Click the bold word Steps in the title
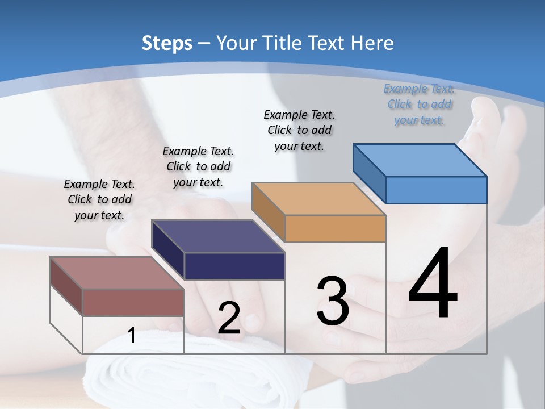[166, 43]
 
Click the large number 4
[433, 284]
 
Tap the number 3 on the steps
[333, 302]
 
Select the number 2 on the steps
[229, 319]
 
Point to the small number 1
[132, 336]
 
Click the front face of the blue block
[436, 190]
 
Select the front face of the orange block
[335, 228]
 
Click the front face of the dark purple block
[234, 266]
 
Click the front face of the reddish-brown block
[133, 302]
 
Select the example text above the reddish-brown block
[99, 200]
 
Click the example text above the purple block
[198, 167]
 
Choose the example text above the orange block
[299, 131]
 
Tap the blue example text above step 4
[419, 105]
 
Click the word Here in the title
[372, 43]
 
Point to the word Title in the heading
[282, 43]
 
